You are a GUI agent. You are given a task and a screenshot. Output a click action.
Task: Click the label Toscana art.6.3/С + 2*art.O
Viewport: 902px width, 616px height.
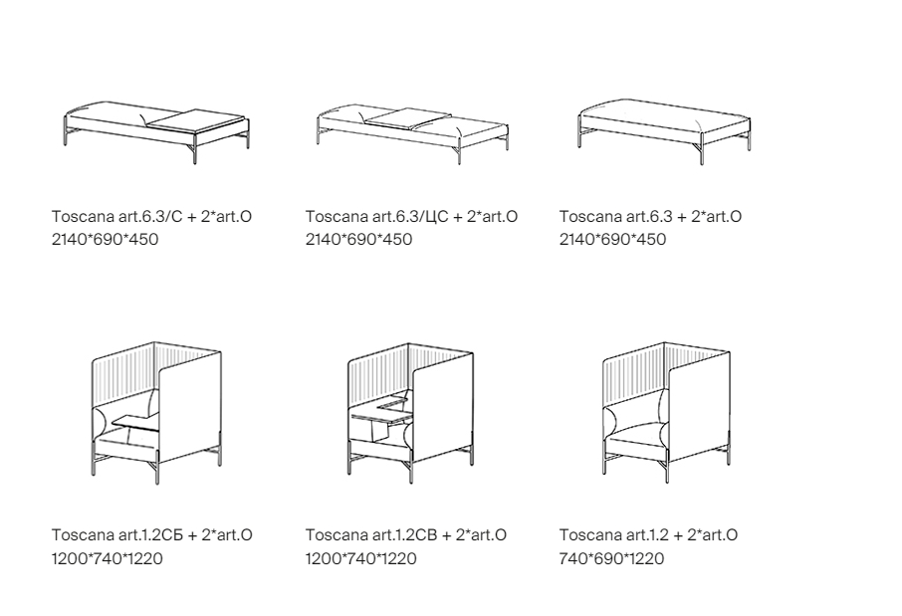[x=151, y=216]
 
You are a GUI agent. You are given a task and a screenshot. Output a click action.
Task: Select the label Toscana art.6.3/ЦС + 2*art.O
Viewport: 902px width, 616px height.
[x=411, y=216]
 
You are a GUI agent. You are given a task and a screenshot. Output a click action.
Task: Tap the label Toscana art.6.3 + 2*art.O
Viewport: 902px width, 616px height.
[x=650, y=216]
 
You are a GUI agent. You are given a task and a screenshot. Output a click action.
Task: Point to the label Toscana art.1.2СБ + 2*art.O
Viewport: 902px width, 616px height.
[x=152, y=535]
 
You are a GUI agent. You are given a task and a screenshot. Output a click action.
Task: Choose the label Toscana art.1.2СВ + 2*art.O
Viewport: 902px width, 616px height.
[x=406, y=535]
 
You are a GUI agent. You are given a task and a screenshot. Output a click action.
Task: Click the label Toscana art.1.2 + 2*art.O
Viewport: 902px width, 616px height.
[x=648, y=535]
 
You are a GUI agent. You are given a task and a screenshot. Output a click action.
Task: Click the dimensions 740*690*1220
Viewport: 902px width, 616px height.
[x=612, y=558]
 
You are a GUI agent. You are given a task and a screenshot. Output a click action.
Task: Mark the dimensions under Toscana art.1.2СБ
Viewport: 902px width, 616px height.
[x=108, y=558]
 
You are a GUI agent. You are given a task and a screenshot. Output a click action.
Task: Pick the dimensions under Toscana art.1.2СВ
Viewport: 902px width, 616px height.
[x=361, y=558]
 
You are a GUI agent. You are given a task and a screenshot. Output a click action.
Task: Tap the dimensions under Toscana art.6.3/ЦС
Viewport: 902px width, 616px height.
[x=359, y=239]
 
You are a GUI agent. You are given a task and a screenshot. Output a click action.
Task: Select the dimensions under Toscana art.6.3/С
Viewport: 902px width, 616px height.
[x=106, y=239]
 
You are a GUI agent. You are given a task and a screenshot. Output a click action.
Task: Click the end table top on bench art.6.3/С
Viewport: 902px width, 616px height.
[x=196, y=119]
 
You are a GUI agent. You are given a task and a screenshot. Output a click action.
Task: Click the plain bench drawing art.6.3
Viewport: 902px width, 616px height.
[x=664, y=130]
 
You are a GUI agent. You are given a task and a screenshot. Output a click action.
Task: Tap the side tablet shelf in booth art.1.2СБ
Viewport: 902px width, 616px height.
[x=135, y=422]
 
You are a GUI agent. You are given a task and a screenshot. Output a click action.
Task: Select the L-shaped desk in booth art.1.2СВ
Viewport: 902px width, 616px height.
[x=382, y=411]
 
